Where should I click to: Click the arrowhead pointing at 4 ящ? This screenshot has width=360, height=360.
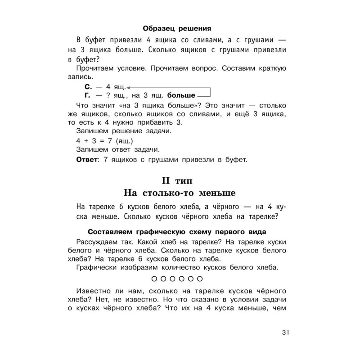click(129, 87)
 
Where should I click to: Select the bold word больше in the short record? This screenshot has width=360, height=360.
click(181, 95)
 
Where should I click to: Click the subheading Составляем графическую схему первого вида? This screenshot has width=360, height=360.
click(177, 232)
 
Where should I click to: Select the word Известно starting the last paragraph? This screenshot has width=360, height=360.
click(94, 290)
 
